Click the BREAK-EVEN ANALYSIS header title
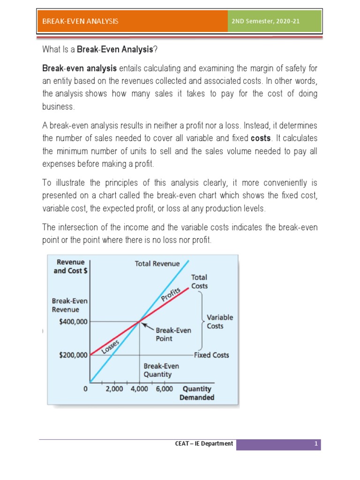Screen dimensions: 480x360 click(x=80, y=21)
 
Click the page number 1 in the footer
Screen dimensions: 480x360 click(x=316, y=443)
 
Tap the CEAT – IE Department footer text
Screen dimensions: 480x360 click(x=207, y=443)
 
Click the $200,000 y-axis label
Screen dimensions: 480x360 click(x=73, y=355)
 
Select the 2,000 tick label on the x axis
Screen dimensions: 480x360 click(x=114, y=389)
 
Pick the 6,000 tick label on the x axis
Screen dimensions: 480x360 click(x=164, y=389)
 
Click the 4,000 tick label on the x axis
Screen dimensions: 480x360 click(x=139, y=389)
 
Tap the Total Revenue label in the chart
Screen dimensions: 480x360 click(x=157, y=263)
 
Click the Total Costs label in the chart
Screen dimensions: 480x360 click(x=199, y=281)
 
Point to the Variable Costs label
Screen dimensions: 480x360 click(x=219, y=322)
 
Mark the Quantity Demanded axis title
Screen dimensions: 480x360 click(x=197, y=393)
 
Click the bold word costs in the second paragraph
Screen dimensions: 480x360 click(x=261, y=139)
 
